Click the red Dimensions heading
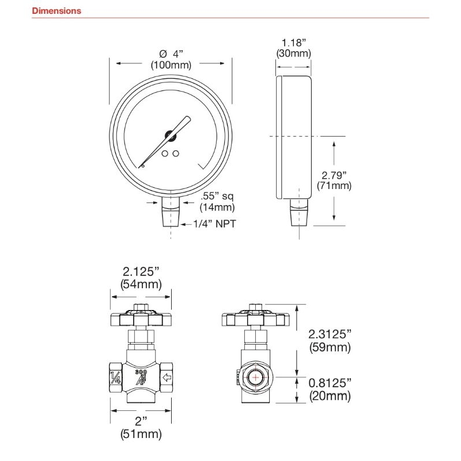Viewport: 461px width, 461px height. [x=56, y=11]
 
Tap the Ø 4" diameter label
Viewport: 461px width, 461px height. [x=171, y=54]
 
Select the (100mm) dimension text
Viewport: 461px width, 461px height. [x=171, y=65]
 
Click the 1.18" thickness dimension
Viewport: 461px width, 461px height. [x=294, y=43]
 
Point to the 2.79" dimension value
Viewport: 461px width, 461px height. [x=334, y=175]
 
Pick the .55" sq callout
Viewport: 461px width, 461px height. [x=217, y=196]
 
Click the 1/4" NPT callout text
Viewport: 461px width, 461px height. [x=214, y=224]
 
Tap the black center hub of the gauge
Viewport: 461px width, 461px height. [x=170, y=135]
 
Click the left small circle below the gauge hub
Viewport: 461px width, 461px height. [x=165, y=153]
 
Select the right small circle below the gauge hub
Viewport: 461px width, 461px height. [x=176, y=153]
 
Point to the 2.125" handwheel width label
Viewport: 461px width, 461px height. [x=141, y=271]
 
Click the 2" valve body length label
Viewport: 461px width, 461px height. [x=141, y=421]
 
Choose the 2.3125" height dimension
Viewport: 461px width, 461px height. [x=330, y=334]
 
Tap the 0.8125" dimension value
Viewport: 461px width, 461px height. [x=330, y=383]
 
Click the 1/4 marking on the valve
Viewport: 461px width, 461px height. [x=116, y=377]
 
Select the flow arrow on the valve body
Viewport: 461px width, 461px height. [x=167, y=377]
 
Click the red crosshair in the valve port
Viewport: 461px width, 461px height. [x=255, y=377]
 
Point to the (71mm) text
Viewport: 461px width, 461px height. [x=334, y=186]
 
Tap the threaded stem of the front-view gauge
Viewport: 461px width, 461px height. [x=171, y=218]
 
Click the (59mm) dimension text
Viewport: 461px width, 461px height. [x=330, y=347]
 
